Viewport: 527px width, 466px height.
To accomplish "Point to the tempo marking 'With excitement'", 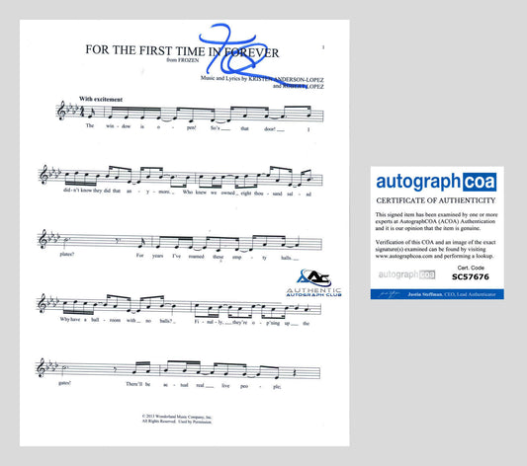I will click(100, 101).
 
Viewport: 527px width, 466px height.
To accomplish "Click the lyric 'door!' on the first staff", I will click(269, 127).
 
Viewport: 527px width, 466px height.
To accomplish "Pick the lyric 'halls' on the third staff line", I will click(287, 259).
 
